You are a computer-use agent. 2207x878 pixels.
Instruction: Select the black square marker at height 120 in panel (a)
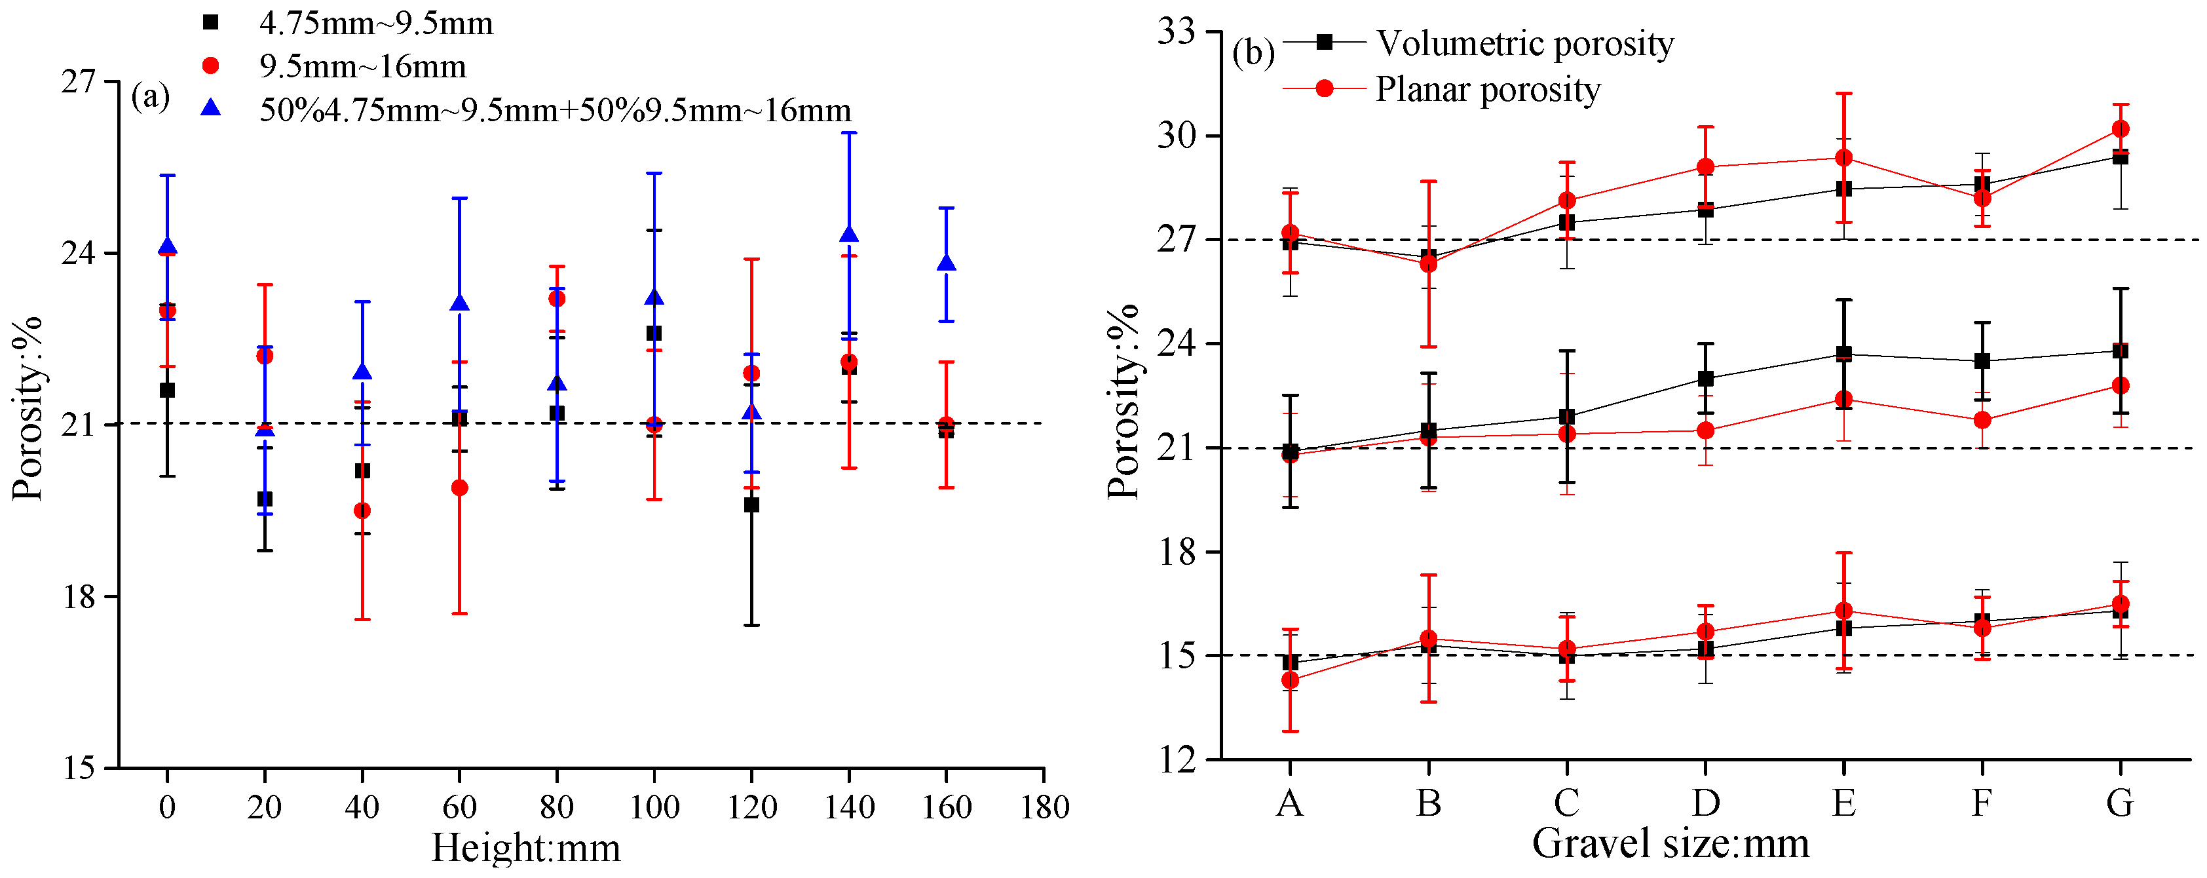coord(751,505)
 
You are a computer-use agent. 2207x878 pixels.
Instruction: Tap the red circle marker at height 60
coord(459,487)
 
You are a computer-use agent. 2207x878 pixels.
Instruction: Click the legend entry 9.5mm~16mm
coord(362,66)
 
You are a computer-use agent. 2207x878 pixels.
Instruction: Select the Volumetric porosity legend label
coord(1524,43)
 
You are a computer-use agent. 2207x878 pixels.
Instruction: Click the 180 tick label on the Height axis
coord(1044,807)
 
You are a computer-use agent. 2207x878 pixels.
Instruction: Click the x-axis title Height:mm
coord(525,848)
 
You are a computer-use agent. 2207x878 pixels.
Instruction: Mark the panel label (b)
coord(1253,53)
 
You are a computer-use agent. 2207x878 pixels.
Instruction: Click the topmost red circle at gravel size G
coord(2121,129)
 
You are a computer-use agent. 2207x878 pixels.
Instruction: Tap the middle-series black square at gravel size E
coord(1843,354)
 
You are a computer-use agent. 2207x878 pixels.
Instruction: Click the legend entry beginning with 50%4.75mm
coord(554,109)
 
